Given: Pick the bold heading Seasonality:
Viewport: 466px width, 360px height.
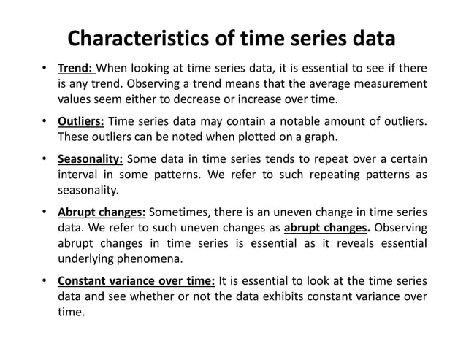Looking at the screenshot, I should [x=91, y=159].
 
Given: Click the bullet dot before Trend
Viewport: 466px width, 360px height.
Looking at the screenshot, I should [x=45, y=70].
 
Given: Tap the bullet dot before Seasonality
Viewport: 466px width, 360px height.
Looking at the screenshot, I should [x=45, y=160].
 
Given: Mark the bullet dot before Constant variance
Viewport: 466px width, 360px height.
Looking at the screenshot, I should [x=45, y=281].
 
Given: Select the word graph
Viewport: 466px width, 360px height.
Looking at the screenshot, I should [x=299, y=136].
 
